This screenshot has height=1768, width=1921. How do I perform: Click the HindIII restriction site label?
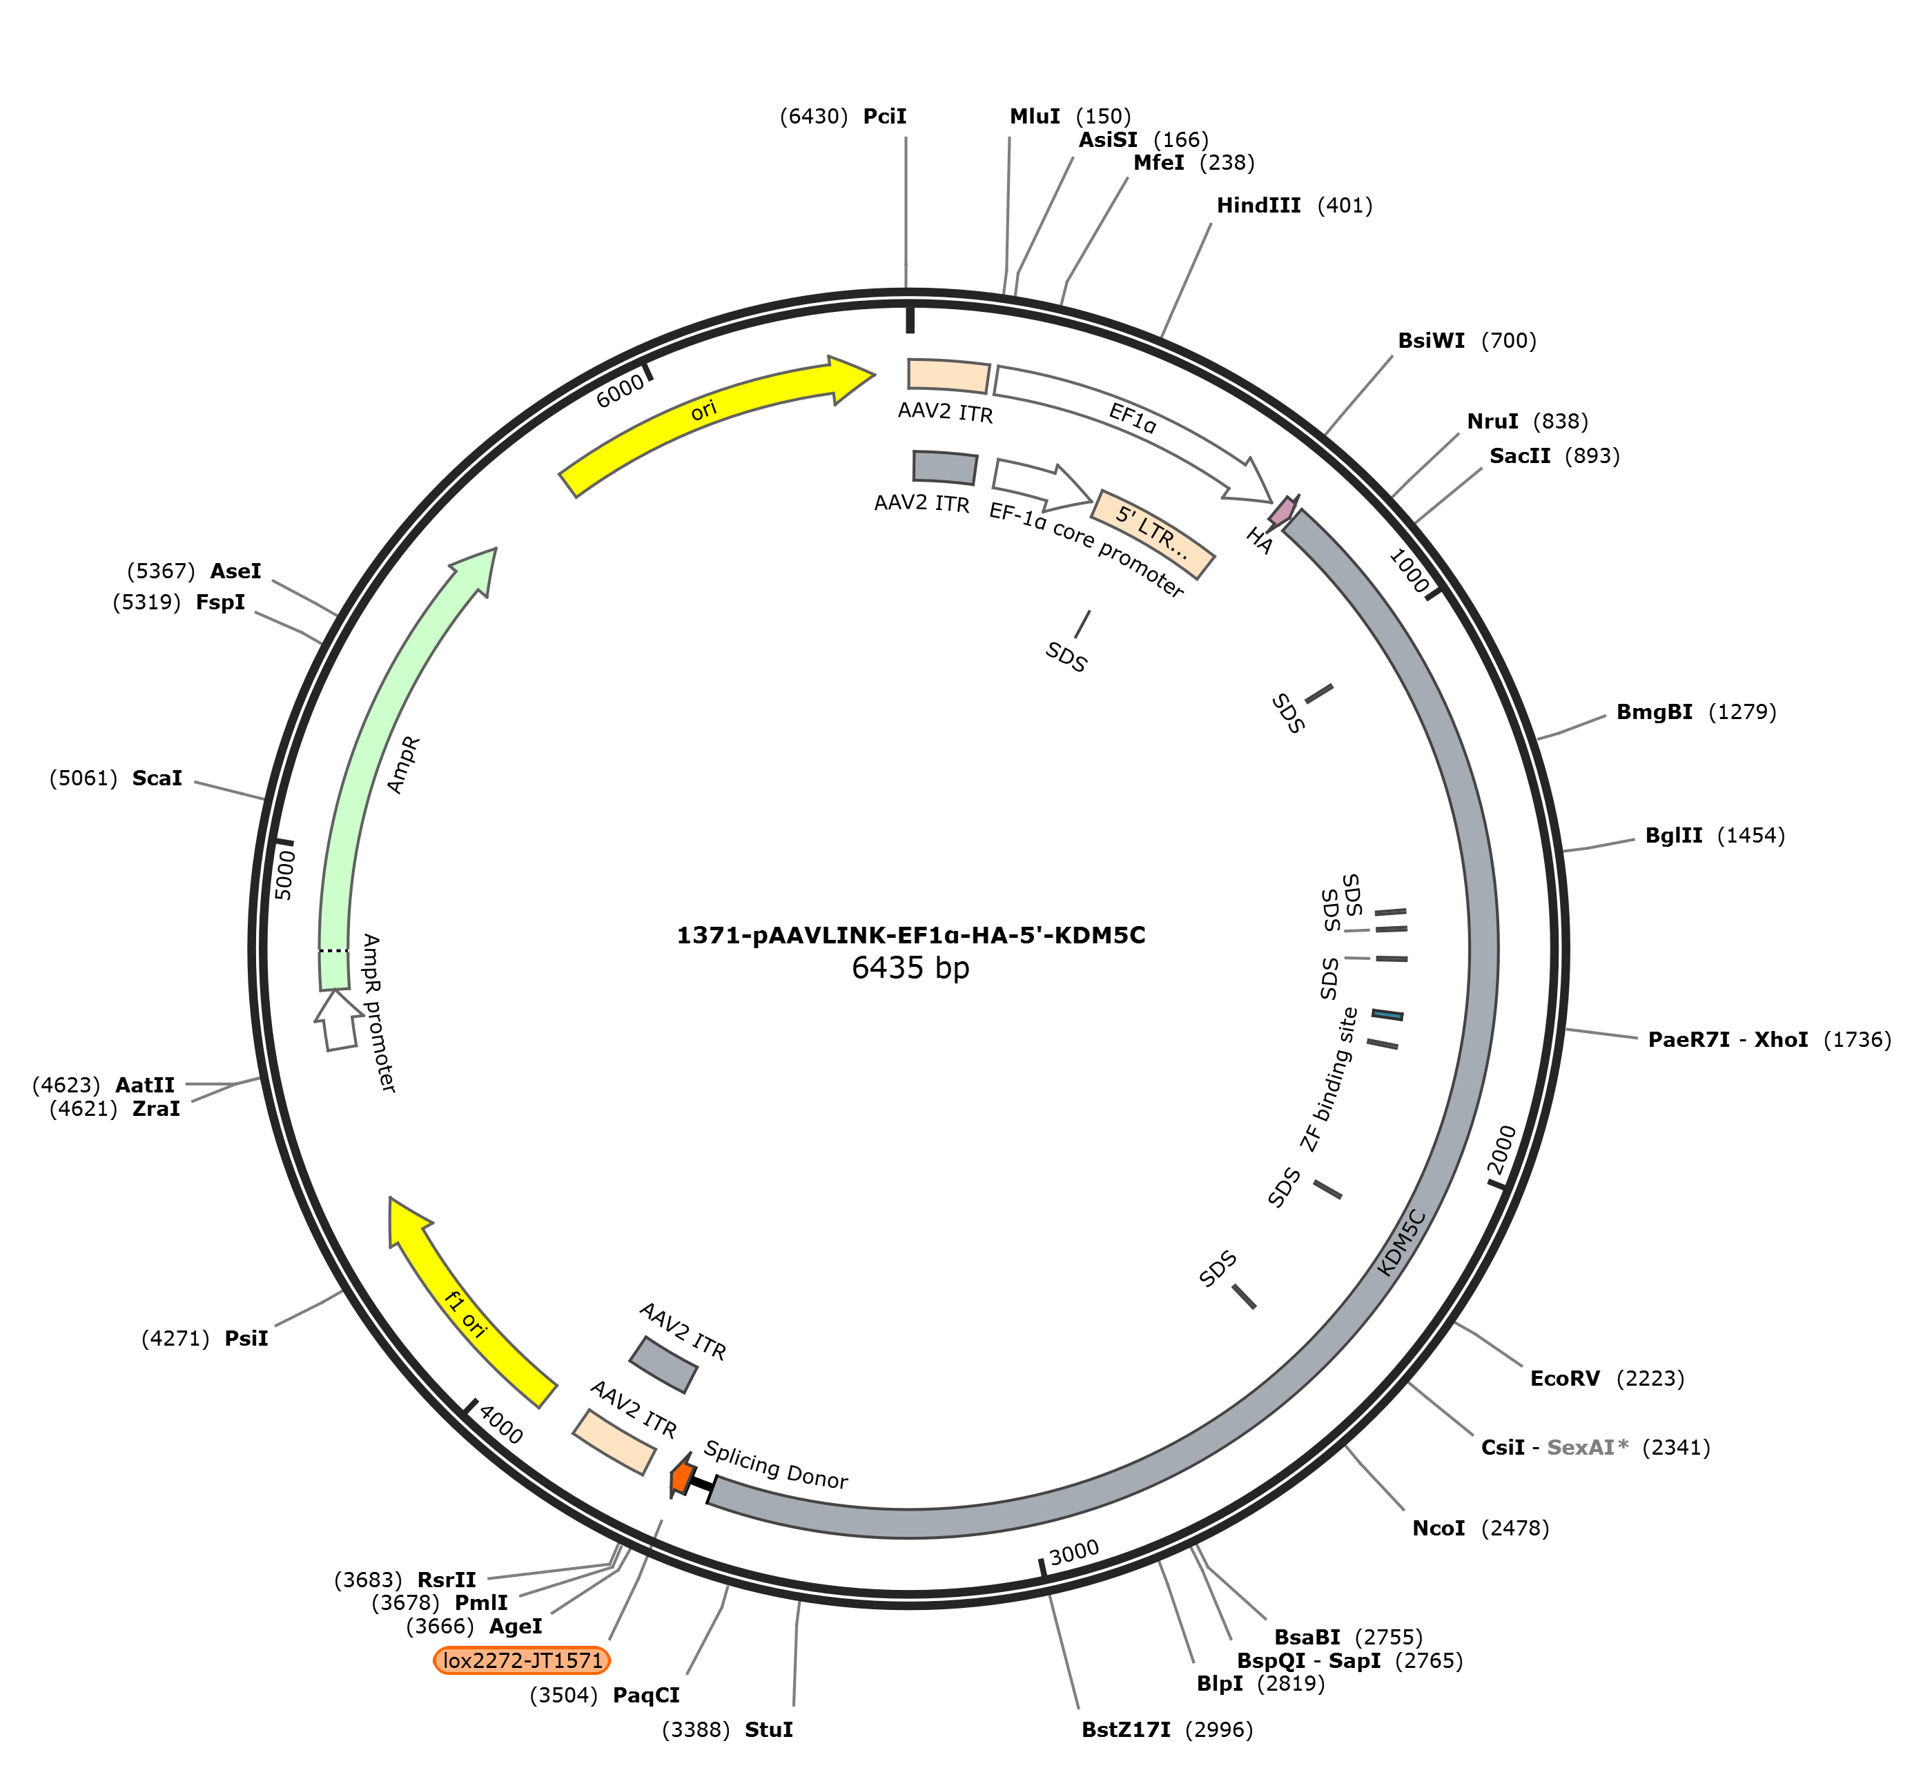(x=1258, y=206)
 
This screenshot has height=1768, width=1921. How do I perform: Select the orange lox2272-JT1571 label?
(x=522, y=1660)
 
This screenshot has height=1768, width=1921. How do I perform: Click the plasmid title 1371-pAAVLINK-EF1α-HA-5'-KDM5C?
(x=910, y=934)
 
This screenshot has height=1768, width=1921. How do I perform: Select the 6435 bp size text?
(x=910, y=968)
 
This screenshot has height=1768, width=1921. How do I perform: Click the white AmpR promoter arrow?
(x=338, y=1021)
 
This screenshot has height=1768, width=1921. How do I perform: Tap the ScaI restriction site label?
(x=157, y=778)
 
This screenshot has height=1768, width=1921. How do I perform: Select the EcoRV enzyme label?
(x=1565, y=1379)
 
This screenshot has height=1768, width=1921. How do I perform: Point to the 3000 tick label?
(x=1074, y=1553)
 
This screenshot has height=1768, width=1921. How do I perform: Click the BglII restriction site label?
(x=1674, y=835)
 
